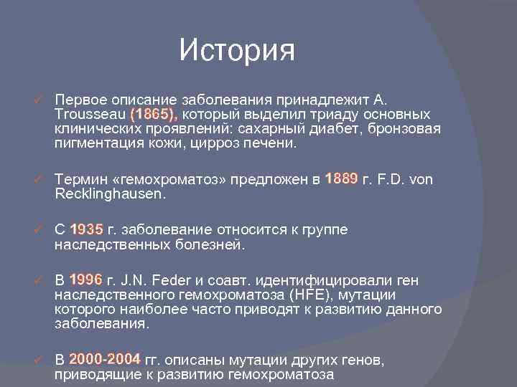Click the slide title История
click(x=237, y=50)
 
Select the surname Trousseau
click(x=90, y=115)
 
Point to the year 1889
click(x=341, y=179)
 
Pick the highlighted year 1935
click(x=87, y=230)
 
